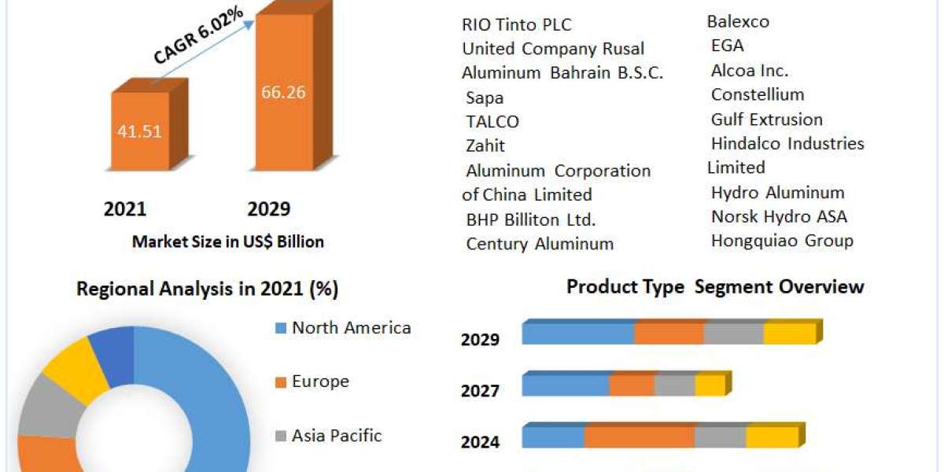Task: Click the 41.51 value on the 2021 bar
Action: (x=139, y=131)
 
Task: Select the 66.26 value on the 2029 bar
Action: (x=283, y=92)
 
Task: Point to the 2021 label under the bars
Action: (x=125, y=209)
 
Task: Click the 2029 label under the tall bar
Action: (x=269, y=209)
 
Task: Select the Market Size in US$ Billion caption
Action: (x=227, y=242)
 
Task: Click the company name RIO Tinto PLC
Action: (x=516, y=24)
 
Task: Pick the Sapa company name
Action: (x=485, y=98)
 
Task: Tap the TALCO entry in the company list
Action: (x=492, y=122)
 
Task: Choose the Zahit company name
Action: (x=485, y=146)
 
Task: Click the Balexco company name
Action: (x=738, y=21)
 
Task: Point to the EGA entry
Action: (x=727, y=46)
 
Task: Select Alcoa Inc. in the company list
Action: (x=750, y=70)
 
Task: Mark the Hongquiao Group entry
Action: (x=782, y=241)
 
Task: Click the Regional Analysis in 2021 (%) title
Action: (x=207, y=289)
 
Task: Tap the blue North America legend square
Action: (x=280, y=328)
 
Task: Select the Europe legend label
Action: (x=320, y=382)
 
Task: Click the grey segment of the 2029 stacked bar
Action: (x=733, y=333)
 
